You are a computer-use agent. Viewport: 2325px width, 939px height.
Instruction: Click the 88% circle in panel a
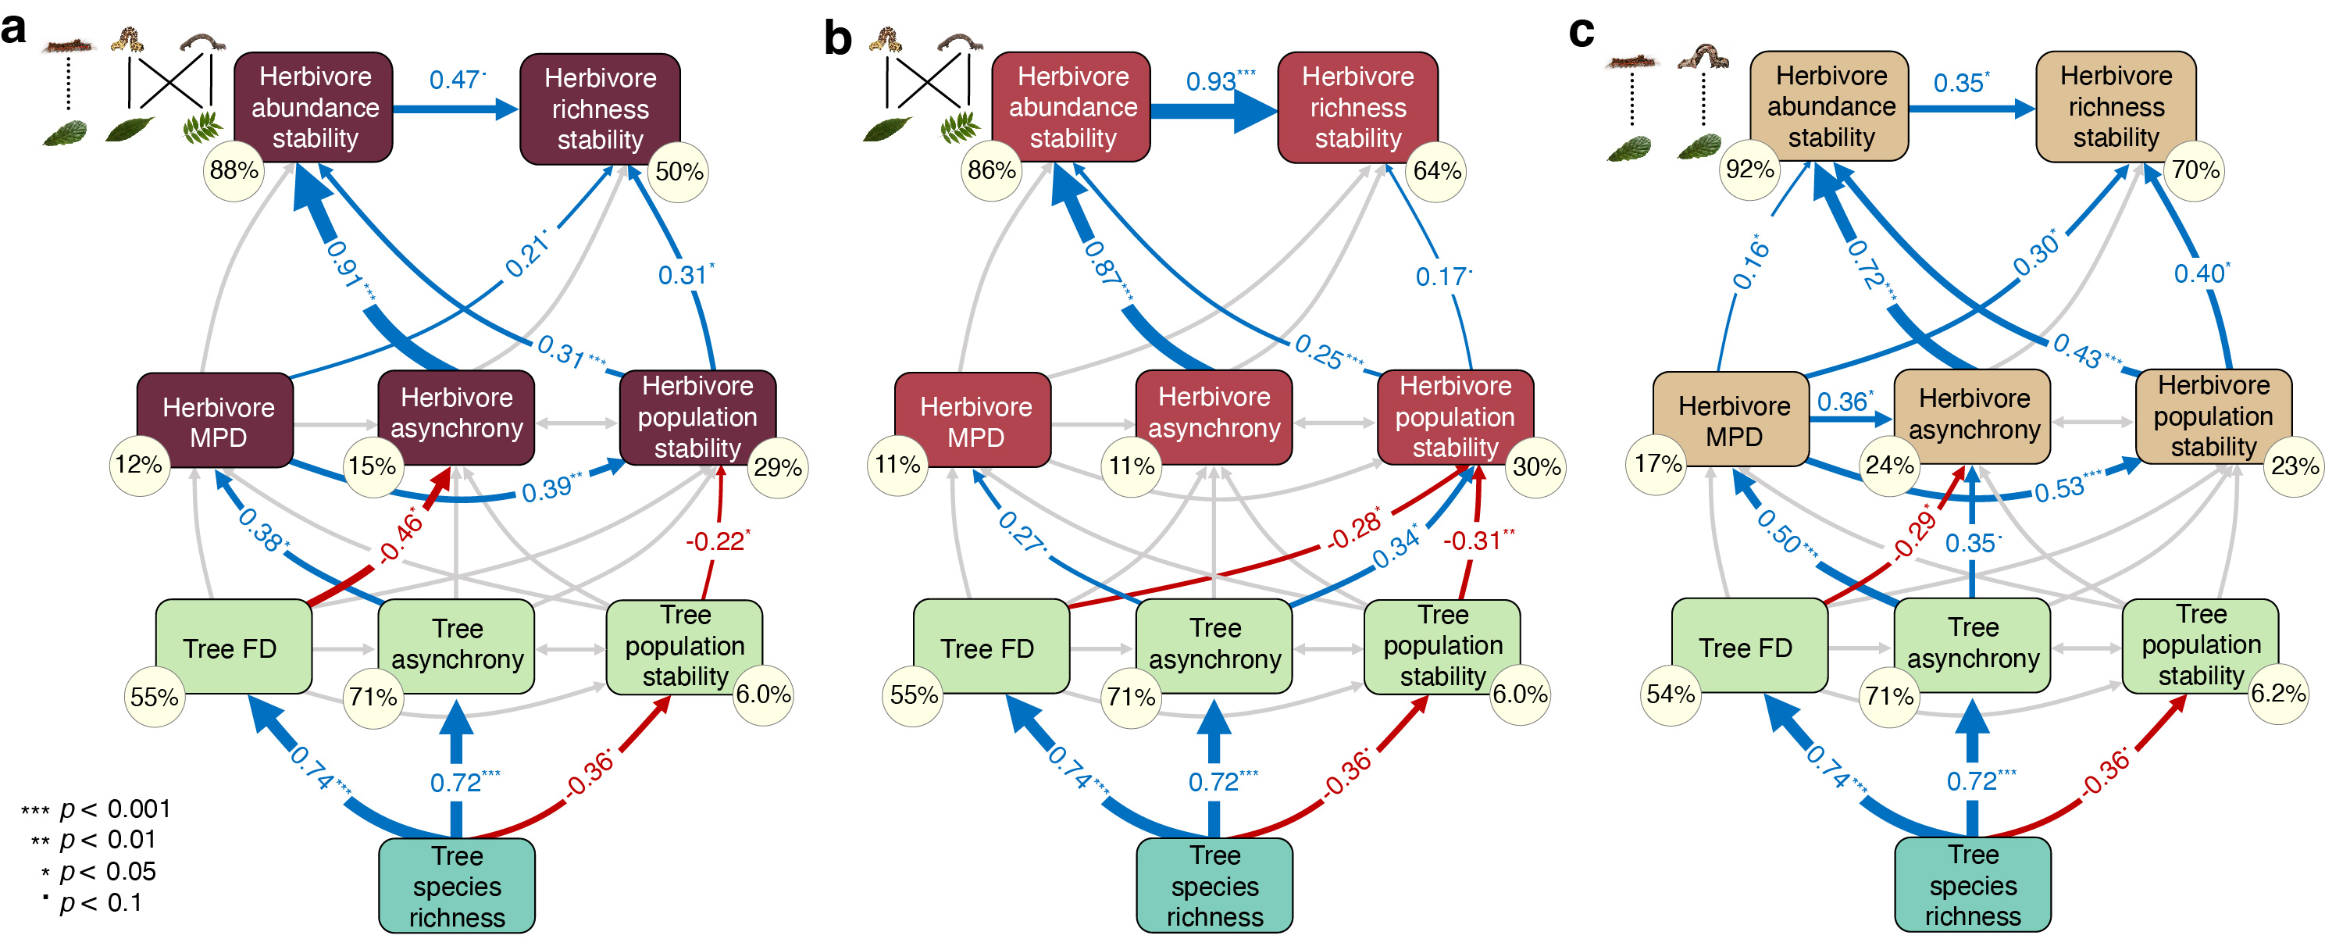(x=234, y=170)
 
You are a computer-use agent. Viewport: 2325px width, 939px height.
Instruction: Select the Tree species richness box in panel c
(x=1972, y=885)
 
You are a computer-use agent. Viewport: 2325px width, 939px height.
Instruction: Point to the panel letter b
(x=837, y=38)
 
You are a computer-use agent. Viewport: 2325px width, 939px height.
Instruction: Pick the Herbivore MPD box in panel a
(x=216, y=421)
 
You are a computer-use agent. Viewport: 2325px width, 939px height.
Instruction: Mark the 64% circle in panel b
(x=1436, y=170)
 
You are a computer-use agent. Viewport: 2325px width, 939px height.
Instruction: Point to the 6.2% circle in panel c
(x=2278, y=694)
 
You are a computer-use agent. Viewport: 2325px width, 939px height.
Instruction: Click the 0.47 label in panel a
(x=456, y=80)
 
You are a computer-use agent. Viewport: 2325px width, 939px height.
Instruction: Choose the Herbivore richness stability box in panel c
(x=2116, y=106)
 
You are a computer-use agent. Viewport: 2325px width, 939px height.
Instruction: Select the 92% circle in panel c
(x=1749, y=169)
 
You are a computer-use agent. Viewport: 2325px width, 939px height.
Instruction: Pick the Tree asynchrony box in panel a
(x=457, y=644)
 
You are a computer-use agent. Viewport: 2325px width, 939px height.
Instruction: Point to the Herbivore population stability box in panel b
(x=1455, y=416)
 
